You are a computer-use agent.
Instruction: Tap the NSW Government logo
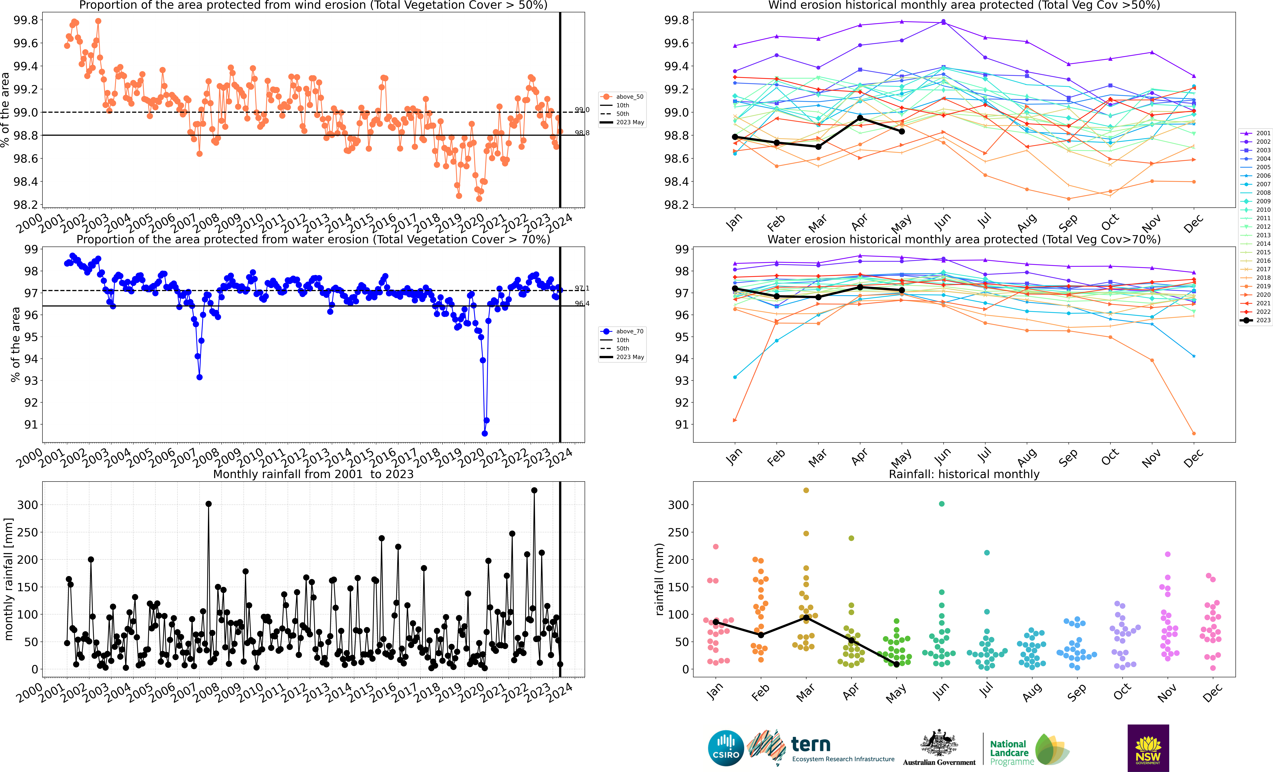[1148, 748]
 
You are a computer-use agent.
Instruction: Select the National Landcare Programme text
[1009, 752]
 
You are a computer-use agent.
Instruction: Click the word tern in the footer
[811, 745]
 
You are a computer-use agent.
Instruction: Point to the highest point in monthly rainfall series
[534, 491]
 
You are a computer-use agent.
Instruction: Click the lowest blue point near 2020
[485, 433]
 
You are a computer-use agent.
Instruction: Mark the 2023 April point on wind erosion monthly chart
[860, 118]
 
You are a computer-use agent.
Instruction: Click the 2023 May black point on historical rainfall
[896, 664]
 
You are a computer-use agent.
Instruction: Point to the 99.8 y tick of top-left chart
[26, 20]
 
